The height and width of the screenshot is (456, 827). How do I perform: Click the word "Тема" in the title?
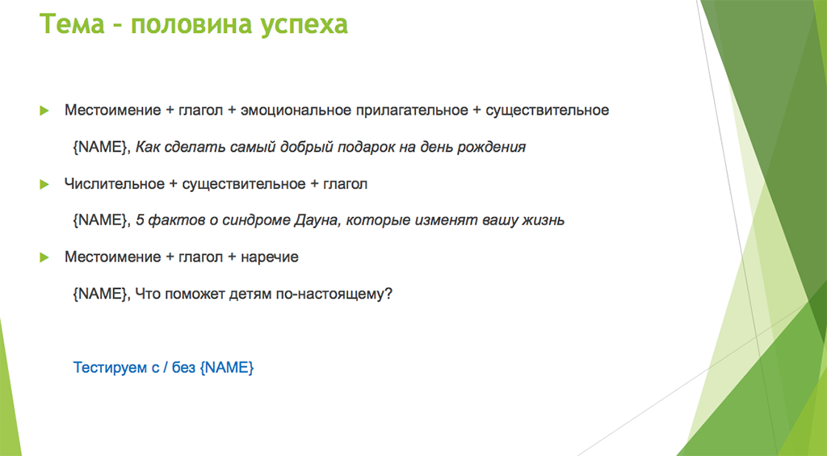pyautogui.click(x=72, y=23)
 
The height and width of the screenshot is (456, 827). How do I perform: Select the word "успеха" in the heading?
pyautogui.click(x=304, y=25)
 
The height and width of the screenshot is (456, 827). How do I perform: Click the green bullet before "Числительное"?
pyautogui.click(x=44, y=184)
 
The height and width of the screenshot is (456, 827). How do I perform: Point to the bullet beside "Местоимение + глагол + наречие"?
pyautogui.click(x=44, y=257)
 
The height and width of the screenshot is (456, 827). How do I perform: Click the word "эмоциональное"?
pyautogui.click(x=296, y=111)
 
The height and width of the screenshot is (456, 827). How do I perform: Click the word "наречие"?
pyautogui.click(x=270, y=257)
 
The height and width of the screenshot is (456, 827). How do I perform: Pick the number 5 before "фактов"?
pyautogui.click(x=140, y=220)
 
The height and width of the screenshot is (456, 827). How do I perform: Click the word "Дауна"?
pyautogui.click(x=314, y=220)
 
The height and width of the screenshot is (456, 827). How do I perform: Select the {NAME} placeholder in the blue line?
pyautogui.click(x=227, y=367)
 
